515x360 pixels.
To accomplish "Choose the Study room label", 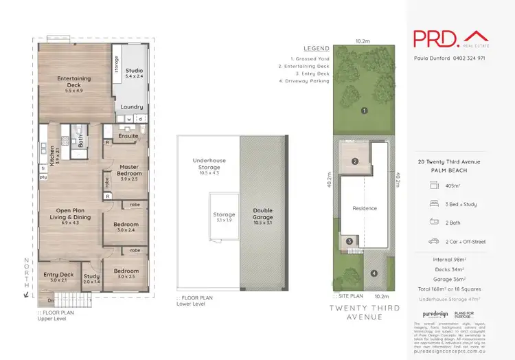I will point(91,277).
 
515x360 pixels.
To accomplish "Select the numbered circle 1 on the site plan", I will point(365,110).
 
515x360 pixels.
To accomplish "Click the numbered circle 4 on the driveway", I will point(374,273).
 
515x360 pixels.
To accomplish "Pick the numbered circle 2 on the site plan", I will point(355,162).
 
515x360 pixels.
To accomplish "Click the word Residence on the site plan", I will point(365,207).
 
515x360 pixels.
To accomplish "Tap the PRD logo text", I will point(435,38).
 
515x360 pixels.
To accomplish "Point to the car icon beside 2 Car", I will point(434,241).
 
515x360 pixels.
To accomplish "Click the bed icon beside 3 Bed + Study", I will point(434,204).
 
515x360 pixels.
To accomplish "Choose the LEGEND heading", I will point(316,49).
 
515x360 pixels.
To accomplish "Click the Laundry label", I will point(131,107).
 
